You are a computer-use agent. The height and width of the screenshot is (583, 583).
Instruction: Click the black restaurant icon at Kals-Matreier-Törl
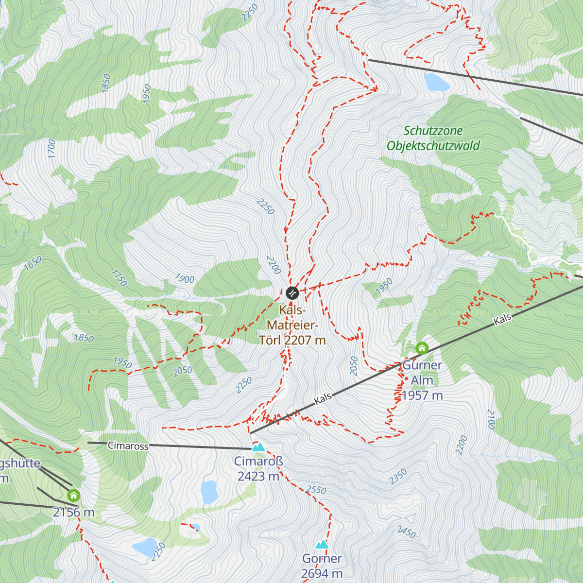[x=292, y=292]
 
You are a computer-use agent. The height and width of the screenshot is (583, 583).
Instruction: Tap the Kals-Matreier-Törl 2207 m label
[x=292, y=325]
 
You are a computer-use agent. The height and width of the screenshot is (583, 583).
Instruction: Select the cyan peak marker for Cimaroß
[x=258, y=447]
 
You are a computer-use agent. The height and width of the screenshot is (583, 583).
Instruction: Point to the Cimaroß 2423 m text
[x=258, y=469]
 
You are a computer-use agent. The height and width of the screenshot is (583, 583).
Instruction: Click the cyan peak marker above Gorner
[x=322, y=545]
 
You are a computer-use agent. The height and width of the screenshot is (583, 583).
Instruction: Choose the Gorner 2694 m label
[x=322, y=566]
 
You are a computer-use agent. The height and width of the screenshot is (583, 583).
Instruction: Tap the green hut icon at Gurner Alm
[x=422, y=348]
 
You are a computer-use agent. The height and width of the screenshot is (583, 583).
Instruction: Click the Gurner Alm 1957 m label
[x=422, y=380]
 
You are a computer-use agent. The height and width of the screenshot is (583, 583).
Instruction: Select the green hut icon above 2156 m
[x=73, y=495]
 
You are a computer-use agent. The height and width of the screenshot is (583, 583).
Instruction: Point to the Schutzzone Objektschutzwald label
[x=433, y=138]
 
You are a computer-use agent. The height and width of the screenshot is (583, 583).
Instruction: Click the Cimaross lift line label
[x=128, y=446]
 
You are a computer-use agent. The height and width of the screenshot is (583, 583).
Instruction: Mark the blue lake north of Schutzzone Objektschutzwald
[x=436, y=82]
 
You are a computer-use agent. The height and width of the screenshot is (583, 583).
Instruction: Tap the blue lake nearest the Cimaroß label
[x=209, y=492]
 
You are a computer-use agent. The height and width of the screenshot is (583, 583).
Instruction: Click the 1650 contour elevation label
[x=33, y=263]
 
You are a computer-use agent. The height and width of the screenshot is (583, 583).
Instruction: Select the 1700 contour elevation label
[x=52, y=149]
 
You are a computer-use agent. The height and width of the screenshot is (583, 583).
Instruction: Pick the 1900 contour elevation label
[x=185, y=279]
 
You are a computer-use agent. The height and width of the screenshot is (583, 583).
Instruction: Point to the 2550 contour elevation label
[x=316, y=490]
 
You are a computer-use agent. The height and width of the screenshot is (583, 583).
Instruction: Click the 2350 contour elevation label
[x=398, y=477]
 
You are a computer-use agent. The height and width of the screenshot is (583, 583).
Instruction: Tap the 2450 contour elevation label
[x=406, y=532]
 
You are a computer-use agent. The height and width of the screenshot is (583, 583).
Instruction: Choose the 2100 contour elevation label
[x=491, y=419]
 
